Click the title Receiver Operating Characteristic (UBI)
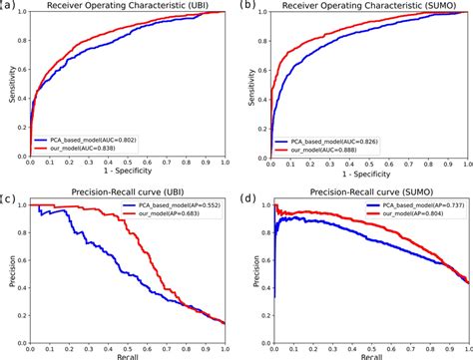pos(130,7)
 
